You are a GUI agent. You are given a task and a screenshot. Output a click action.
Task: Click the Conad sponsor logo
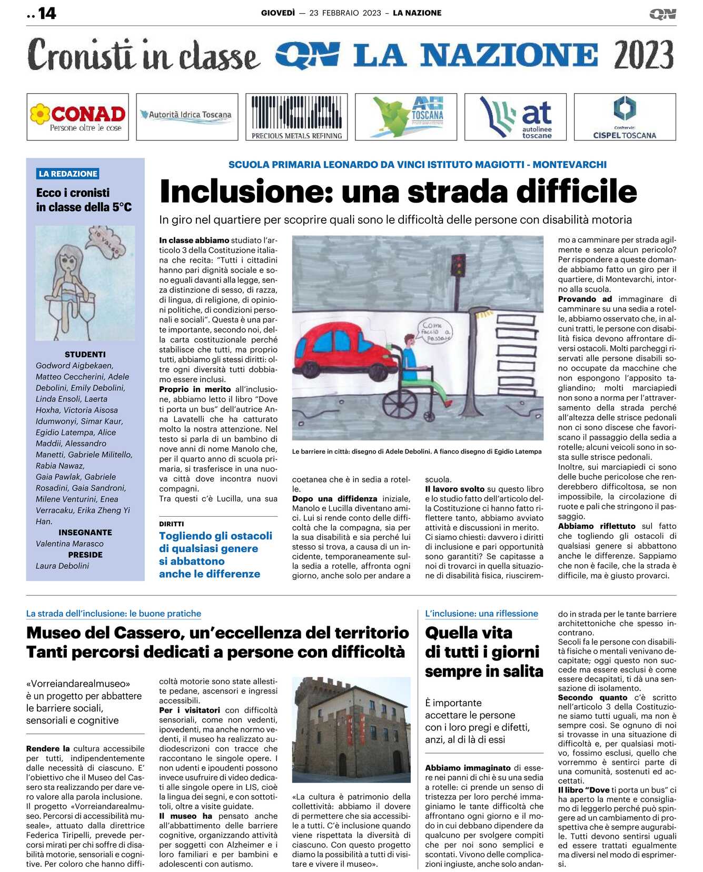[x=77, y=117]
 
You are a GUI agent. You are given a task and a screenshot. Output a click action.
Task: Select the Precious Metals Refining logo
[x=296, y=117]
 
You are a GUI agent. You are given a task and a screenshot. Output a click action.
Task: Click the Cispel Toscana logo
[x=625, y=117]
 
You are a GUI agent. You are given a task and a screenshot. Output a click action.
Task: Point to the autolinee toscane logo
[x=516, y=117]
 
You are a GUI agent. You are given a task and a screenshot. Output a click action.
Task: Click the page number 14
[x=47, y=13]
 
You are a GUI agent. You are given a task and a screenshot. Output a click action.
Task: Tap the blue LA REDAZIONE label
[x=68, y=174]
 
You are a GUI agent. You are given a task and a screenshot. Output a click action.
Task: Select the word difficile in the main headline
[x=576, y=192]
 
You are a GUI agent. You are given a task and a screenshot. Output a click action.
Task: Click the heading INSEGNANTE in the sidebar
[x=85, y=533]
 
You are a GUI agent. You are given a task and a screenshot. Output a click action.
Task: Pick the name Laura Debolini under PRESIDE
[x=62, y=566]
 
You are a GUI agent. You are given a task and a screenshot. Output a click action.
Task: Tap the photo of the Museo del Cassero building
[x=351, y=729]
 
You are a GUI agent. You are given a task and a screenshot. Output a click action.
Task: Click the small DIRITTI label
[x=172, y=524]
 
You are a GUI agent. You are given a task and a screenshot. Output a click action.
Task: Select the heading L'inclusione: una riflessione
[x=481, y=614]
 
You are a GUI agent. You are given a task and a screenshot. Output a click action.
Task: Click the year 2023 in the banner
[x=643, y=55]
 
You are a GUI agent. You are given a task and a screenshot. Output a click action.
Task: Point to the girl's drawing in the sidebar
[x=85, y=283]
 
